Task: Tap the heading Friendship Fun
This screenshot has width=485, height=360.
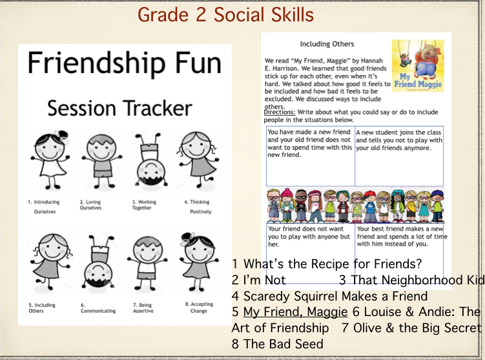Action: click(124, 63)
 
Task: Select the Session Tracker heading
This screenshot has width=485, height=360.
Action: click(119, 107)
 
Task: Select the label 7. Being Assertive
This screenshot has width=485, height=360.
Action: click(147, 308)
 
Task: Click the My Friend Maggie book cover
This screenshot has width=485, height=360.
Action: click(417, 65)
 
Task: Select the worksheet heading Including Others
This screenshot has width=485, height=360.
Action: click(327, 44)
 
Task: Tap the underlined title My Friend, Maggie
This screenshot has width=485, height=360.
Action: click(295, 312)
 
